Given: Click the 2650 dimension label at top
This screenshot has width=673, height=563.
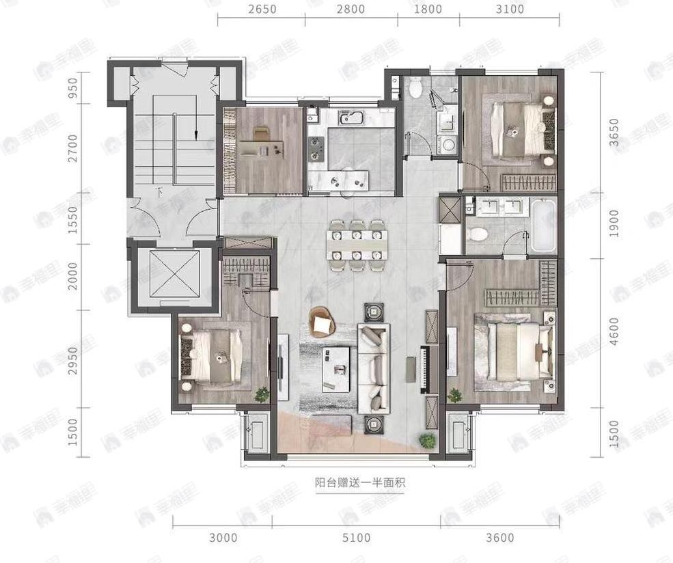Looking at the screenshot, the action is pyautogui.click(x=262, y=9).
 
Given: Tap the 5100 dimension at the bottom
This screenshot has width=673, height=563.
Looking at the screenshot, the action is pyautogui.click(x=356, y=537).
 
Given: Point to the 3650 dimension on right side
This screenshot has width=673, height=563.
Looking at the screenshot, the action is pyautogui.click(x=614, y=132).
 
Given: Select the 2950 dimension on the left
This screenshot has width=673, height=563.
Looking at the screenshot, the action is pyautogui.click(x=73, y=360).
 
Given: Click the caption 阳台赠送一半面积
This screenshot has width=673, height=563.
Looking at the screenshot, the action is pyautogui.click(x=359, y=483).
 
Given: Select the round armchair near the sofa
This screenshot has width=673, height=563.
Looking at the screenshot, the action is pyautogui.click(x=322, y=322).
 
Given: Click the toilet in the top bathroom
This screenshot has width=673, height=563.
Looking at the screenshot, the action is pyautogui.click(x=415, y=87).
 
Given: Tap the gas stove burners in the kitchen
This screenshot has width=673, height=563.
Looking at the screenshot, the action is pyautogui.click(x=316, y=148).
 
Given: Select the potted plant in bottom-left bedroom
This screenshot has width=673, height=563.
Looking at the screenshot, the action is pyautogui.click(x=260, y=395).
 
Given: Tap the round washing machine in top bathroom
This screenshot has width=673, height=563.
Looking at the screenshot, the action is pyautogui.click(x=448, y=145).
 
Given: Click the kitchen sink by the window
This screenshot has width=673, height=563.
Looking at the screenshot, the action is pyautogui.click(x=351, y=117).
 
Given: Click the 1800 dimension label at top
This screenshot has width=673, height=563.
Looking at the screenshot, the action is pyautogui.click(x=428, y=9).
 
